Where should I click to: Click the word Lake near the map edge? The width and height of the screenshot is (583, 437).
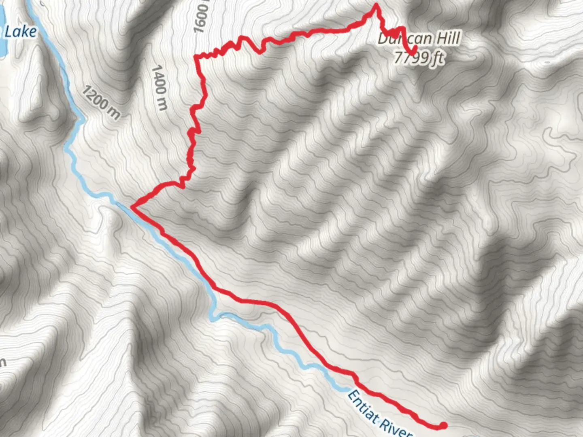tap(20, 32)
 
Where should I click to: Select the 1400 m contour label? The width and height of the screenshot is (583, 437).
tap(159, 87)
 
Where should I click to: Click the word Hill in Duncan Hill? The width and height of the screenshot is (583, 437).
tap(445, 38)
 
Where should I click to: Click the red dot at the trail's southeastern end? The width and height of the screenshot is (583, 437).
tap(443, 425)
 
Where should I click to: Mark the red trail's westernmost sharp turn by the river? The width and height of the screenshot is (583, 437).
tap(132, 207)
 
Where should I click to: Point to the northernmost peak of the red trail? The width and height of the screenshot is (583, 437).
tap(376, 5)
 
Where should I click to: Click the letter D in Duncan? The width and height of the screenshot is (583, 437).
tap(382, 39)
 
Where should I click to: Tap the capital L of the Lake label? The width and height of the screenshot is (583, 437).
tap(9, 32)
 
